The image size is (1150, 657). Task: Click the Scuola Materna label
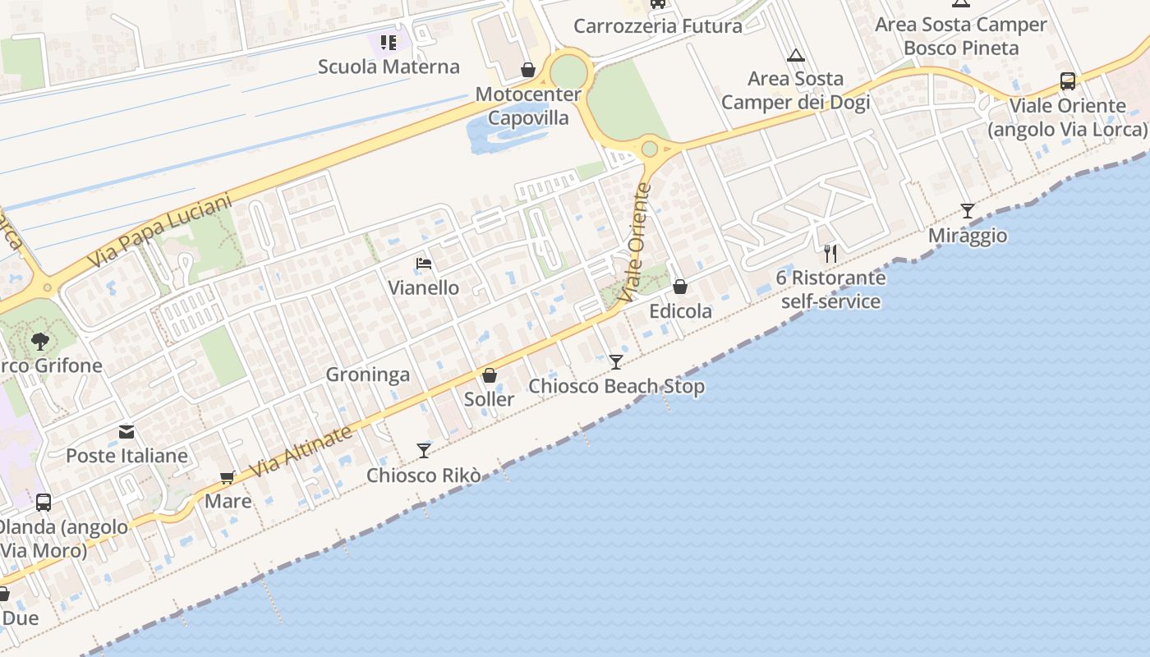pos(389,67)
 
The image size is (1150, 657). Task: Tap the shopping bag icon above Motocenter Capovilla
pos(528,71)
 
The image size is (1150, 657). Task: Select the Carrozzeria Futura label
pos(657,25)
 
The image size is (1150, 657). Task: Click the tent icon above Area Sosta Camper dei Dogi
pos(794,56)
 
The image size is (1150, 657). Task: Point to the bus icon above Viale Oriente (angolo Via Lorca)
pos(1067,81)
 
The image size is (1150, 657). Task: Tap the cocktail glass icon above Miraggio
pos(968,211)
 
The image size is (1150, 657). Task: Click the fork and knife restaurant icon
pos(830,253)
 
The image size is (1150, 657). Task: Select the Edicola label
pos(680,311)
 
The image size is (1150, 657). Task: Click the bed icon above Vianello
pos(424,264)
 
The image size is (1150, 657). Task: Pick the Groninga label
pos(368,375)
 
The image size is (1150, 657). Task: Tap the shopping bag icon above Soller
pos(490,376)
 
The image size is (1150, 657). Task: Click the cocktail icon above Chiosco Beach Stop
pos(616,361)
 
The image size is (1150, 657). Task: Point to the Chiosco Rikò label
pos(423,476)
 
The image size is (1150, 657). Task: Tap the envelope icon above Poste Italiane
pos(126,432)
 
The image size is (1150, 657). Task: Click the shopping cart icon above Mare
pos(228,477)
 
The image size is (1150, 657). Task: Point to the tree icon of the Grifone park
pos(39,341)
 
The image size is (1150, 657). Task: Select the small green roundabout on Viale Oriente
pos(650,149)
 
